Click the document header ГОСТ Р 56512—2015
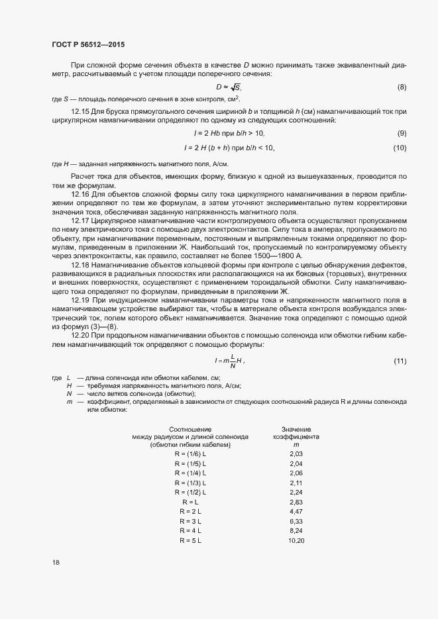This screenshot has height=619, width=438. click(x=87, y=44)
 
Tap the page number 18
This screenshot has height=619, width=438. click(x=56, y=563)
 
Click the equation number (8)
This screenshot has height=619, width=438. click(x=402, y=87)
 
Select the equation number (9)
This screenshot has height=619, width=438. click(x=402, y=134)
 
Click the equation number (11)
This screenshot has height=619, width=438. click(x=400, y=360)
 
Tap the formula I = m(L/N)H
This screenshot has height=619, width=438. click(x=229, y=361)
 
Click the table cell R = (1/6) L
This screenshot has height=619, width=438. click(x=190, y=454)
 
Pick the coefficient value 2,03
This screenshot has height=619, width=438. click(x=296, y=454)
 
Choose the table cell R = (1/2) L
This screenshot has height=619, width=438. click(x=190, y=493)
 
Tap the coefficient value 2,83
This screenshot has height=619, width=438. click(x=296, y=502)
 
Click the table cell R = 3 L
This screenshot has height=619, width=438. click(x=190, y=522)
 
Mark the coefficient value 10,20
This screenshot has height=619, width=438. click(x=296, y=541)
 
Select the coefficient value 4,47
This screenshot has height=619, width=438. click(x=296, y=512)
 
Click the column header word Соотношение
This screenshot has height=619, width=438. click(x=190, y=429)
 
